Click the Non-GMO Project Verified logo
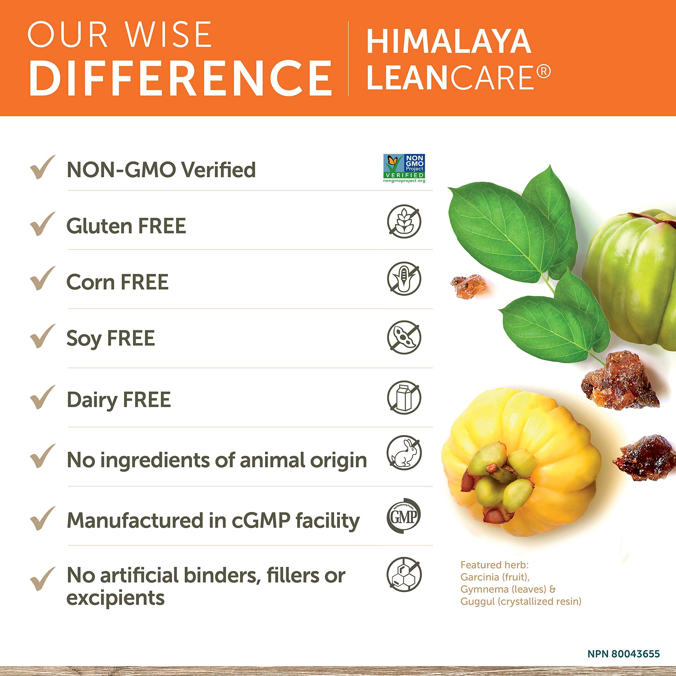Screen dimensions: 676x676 (x=404, y=168)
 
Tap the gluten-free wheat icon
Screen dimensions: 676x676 (x=404, y=222)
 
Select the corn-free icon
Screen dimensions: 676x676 (x=404, y=279)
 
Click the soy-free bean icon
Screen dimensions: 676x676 (x=404, y=337)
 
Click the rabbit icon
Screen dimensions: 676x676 (x=404, y=453)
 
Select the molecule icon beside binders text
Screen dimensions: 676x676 (x=404, y=575)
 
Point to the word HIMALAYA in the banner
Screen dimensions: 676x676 (x=449, y=42)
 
